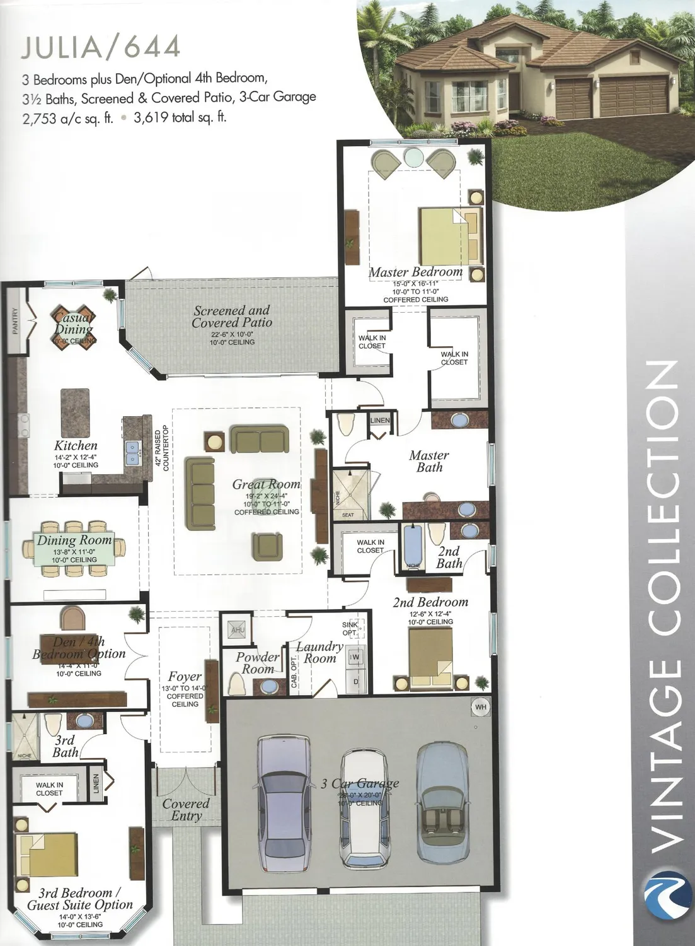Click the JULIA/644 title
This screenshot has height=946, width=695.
(x=101, y=47)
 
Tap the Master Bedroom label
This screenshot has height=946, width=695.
(x=416, y=272)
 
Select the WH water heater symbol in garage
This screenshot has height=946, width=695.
(x=481, y=707)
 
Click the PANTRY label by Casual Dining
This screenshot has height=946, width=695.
(x=15, y=321)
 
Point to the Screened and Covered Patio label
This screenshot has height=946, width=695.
(x=232, y=317)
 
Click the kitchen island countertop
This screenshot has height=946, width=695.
(x=75, y=412)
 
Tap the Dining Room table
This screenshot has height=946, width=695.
(x=74, y=548)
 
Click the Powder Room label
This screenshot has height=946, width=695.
(x=257, y=663)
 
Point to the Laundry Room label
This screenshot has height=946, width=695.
(x=319, y=653)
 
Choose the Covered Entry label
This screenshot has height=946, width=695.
(x=186, y=810)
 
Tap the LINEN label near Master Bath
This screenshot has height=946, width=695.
(x=380, y=421)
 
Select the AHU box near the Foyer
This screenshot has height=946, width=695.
(x=238, y=629)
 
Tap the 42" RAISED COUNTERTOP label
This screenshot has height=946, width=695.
(x=162, y=448)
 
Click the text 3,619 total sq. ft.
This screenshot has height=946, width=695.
(x=180, y=117)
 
